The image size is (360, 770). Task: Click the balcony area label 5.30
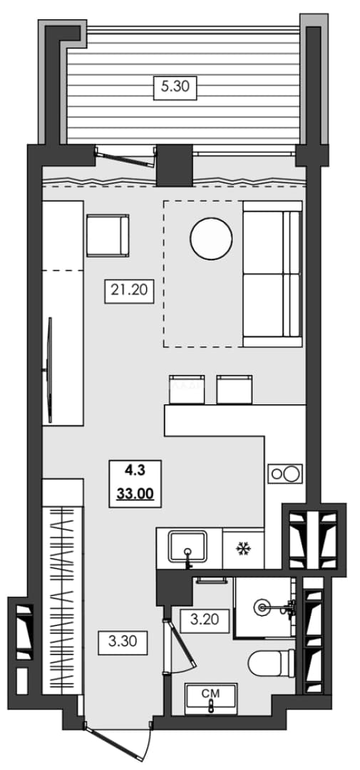coord(175,87)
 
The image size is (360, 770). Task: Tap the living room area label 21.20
coord(129,290)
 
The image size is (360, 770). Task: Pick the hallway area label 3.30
coord(123,642)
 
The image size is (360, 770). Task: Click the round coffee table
coord(211,239)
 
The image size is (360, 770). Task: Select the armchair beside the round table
coord(108,235)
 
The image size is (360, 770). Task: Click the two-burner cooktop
coord(285,474)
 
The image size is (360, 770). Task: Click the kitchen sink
coord(189,547)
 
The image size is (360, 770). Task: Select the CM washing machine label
coord(211,694)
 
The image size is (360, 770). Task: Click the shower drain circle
coord(262,607)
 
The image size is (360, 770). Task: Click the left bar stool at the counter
coord(187,389)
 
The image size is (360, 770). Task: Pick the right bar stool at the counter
coord(235,389)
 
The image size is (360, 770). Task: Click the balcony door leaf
coord(125,158)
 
